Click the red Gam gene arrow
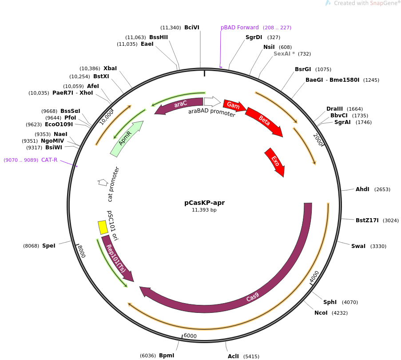pos(234,105)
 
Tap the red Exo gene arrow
pos(275,162)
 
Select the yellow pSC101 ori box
pos(103,227)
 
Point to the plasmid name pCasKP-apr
pos(204,203)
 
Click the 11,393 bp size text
pos(204,210)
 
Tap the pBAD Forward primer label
pos(239,28)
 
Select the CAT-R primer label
pos(49,160)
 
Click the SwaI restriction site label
pos(358,246)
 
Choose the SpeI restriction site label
pos(49,246)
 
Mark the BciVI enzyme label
pos(192,28)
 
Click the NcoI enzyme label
pos(321,313)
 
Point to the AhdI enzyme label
pos(362,189)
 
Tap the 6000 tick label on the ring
pos(190,336)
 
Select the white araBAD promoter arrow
pos(212,102)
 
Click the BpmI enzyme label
pos(167,356)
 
